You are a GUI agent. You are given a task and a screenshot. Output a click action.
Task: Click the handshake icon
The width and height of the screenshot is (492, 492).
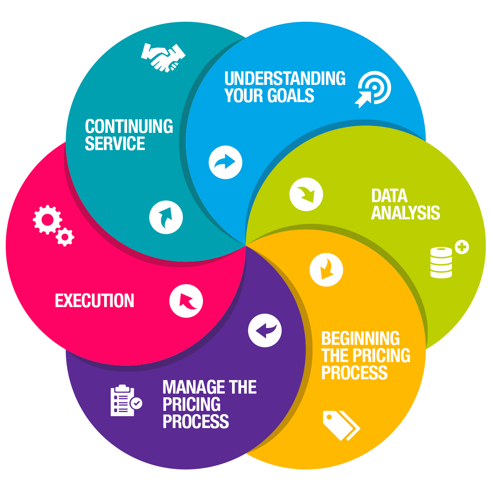pyautogui.click(x=163, y=58)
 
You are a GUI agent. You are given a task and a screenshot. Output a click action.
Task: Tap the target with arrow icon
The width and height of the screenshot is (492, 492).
pyautogui.click(x=373, y=90)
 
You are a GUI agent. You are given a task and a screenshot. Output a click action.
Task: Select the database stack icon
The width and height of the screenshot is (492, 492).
pyautogui.click(x=441, y=262)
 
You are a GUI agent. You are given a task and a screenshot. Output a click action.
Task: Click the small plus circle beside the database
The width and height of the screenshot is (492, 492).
pyautogui.click(x=462, y=247)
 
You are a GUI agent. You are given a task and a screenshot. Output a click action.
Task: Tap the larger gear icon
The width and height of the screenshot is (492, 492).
pyautogui.click(x=48, y=220)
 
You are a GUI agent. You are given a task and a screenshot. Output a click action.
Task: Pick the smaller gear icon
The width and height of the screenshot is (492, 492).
pyautogui.click(x=65, y=237)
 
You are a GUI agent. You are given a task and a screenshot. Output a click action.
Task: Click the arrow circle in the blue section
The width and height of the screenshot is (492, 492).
pyautogui.click(x=225, y=162)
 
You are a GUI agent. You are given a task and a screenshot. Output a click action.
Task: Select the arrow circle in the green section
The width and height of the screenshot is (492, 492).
pyautogui.click(x=306, y=194)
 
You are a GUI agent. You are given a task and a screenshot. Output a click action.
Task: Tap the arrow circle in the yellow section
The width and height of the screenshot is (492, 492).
pyautogui.click(x=326, y=270)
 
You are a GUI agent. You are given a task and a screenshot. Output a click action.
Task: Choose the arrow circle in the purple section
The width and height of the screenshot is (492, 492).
pyautogui.click(x=265, y=330)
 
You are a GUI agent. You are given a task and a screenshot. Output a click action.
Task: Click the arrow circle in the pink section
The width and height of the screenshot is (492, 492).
pyautogui.click(x=186, y=301)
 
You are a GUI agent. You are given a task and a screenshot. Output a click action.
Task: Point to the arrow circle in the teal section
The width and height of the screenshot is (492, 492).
pyautogui.click(x=166, y=217)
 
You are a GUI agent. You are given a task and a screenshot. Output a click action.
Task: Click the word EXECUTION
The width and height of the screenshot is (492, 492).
pyautogui.click(x=94, y=301)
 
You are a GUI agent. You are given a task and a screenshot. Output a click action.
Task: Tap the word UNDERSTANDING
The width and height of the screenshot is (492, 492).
pyautogui.click(x=285, y=78)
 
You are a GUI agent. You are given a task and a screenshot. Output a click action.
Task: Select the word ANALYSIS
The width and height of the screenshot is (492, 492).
pyautogui.click(x=405, y=212)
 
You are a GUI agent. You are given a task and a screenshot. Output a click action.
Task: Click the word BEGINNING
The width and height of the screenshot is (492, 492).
pyautogui.click(x=360, y=338)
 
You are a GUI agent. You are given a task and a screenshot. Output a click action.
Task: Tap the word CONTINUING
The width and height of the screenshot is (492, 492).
pyautogui.click(x=129, y=126)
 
